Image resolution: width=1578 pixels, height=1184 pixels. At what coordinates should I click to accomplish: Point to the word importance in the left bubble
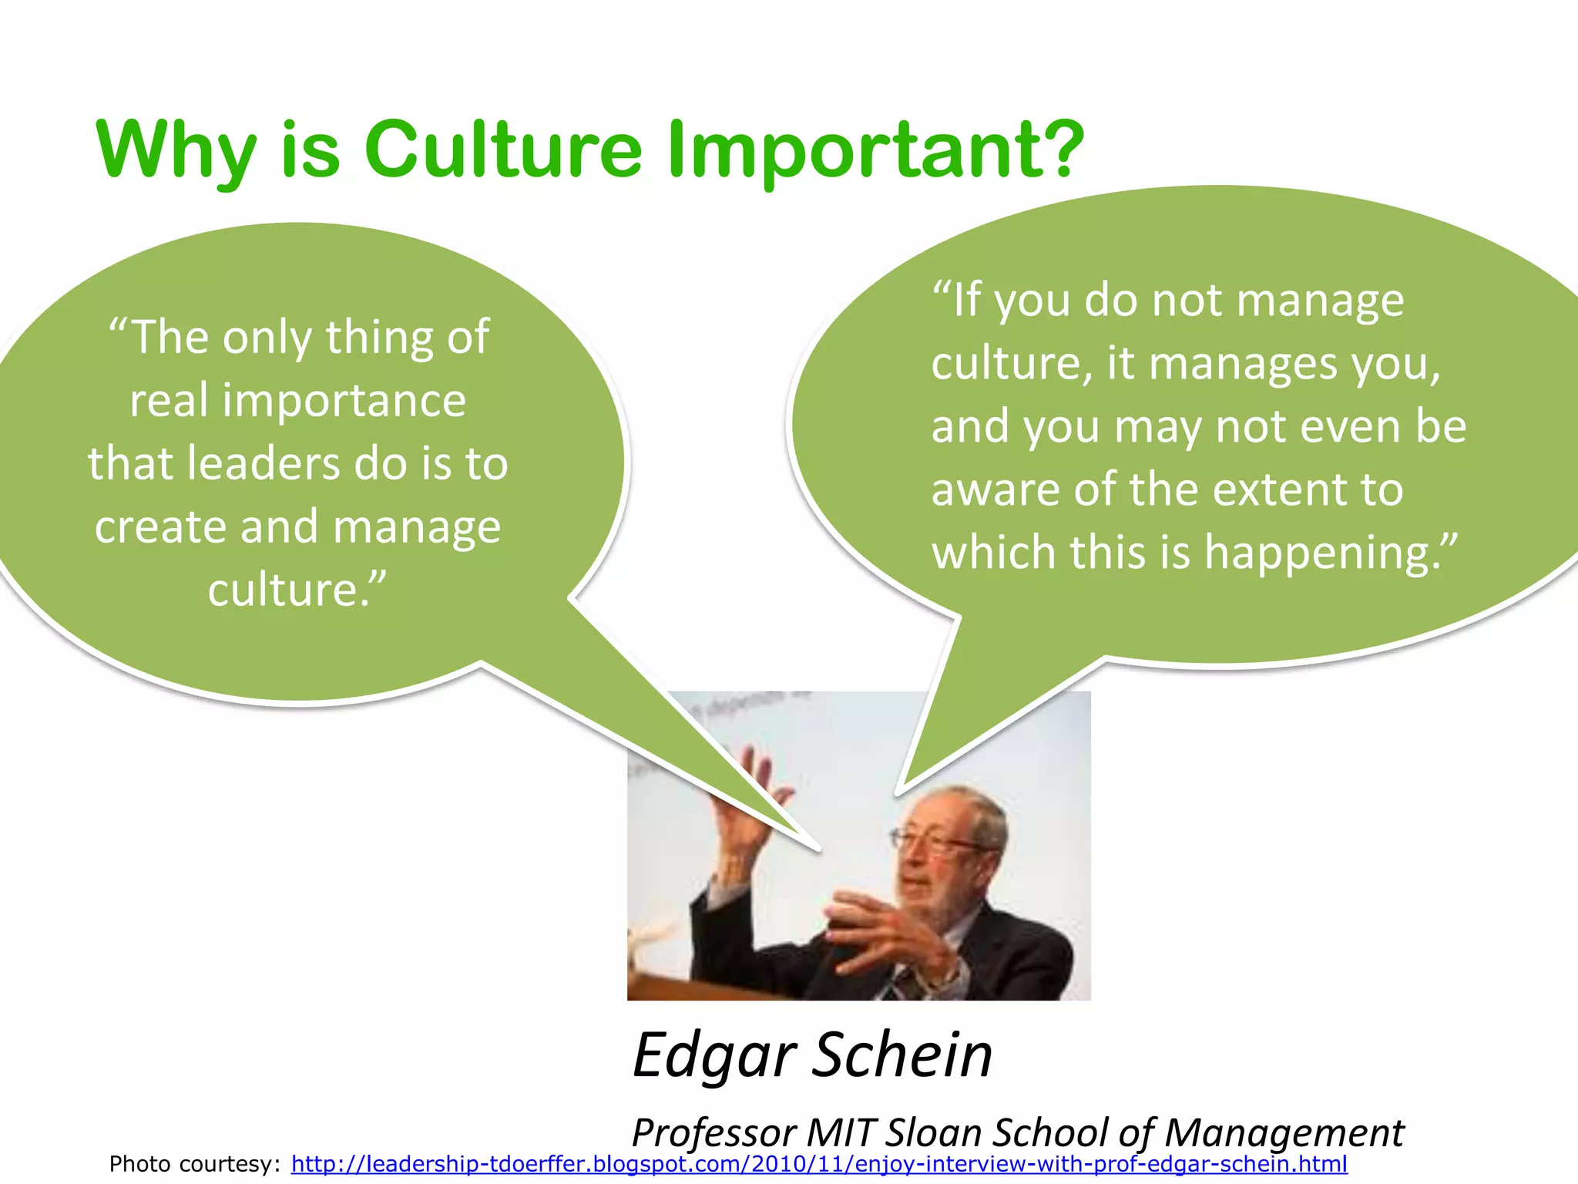click(x=344, y=402)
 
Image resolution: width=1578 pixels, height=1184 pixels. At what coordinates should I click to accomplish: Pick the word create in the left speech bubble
click(x=159, y=527)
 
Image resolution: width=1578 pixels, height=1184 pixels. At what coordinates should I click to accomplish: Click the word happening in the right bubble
click(x=1331, y=553)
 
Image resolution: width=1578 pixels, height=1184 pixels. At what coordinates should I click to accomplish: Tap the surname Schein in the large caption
click(x=902, y=1054)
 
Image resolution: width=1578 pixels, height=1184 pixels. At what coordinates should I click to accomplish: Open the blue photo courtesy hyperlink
click(x=818, y=1164)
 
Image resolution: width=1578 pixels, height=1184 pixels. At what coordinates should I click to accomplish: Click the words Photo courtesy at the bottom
click(x=194, y=1164)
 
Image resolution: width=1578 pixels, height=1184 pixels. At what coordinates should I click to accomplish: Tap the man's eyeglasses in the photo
click(x=936, y=840)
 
